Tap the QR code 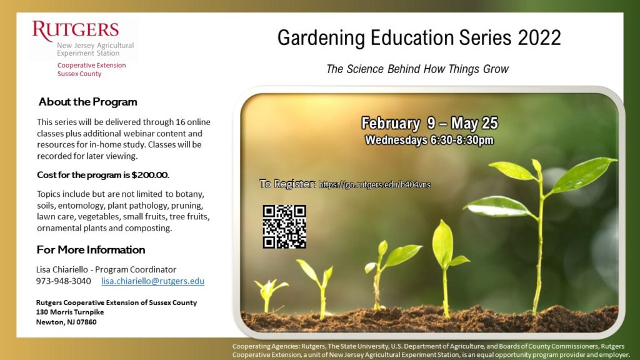pos(284,227)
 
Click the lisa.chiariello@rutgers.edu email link pos(152,281)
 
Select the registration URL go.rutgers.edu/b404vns pos(374,184)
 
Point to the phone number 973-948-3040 pos(63,281)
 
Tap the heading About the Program pos(87,102)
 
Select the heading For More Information pos(91,249)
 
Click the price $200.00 pos(150,175)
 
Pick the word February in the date pos(390,123)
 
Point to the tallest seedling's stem pos(539,245)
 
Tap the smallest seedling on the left pos(269,294)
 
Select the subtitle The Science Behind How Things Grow pos(417,69)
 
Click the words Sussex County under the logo pos(79,74)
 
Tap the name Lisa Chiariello pos(62,269)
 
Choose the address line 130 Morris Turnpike pos(70,312)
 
